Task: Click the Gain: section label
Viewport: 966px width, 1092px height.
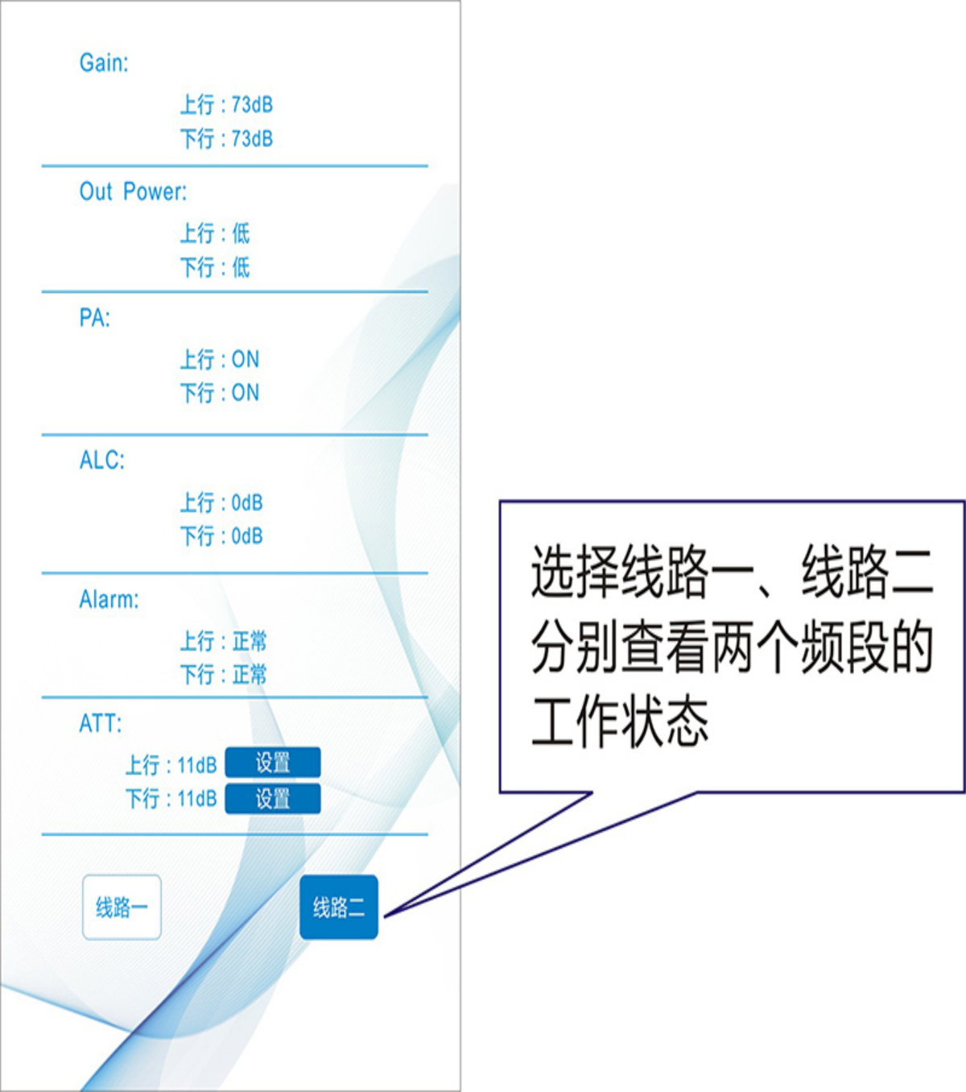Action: coord(104,63)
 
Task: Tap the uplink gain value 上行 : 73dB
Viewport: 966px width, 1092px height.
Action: coord(226,105)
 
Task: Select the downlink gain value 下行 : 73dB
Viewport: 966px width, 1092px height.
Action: coord(226,139)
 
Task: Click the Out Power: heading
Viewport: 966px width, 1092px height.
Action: coord(133,192)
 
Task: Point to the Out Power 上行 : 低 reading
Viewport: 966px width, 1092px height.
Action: coord(215,234)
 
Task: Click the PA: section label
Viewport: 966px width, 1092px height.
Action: coord(94,318)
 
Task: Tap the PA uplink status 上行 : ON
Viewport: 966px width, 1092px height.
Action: coord(219,359)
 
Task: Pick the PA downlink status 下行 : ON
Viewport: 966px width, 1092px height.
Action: coord(219,393)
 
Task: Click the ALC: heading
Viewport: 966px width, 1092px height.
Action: coord(102,461)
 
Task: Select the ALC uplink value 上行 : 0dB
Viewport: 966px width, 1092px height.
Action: coord(221,503)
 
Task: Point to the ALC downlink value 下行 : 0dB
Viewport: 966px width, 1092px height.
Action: coord(221,536)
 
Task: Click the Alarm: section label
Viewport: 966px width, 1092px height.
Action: coord(109,600)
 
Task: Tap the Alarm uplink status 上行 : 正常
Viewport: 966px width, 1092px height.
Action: coord(223,641)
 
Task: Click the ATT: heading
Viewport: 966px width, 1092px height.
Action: coord(101,724)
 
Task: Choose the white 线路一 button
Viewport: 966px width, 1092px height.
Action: coord(122,908)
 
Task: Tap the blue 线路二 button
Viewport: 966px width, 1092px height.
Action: coord(339,908)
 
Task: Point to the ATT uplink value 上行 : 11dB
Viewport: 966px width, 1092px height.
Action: coord(171,764)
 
